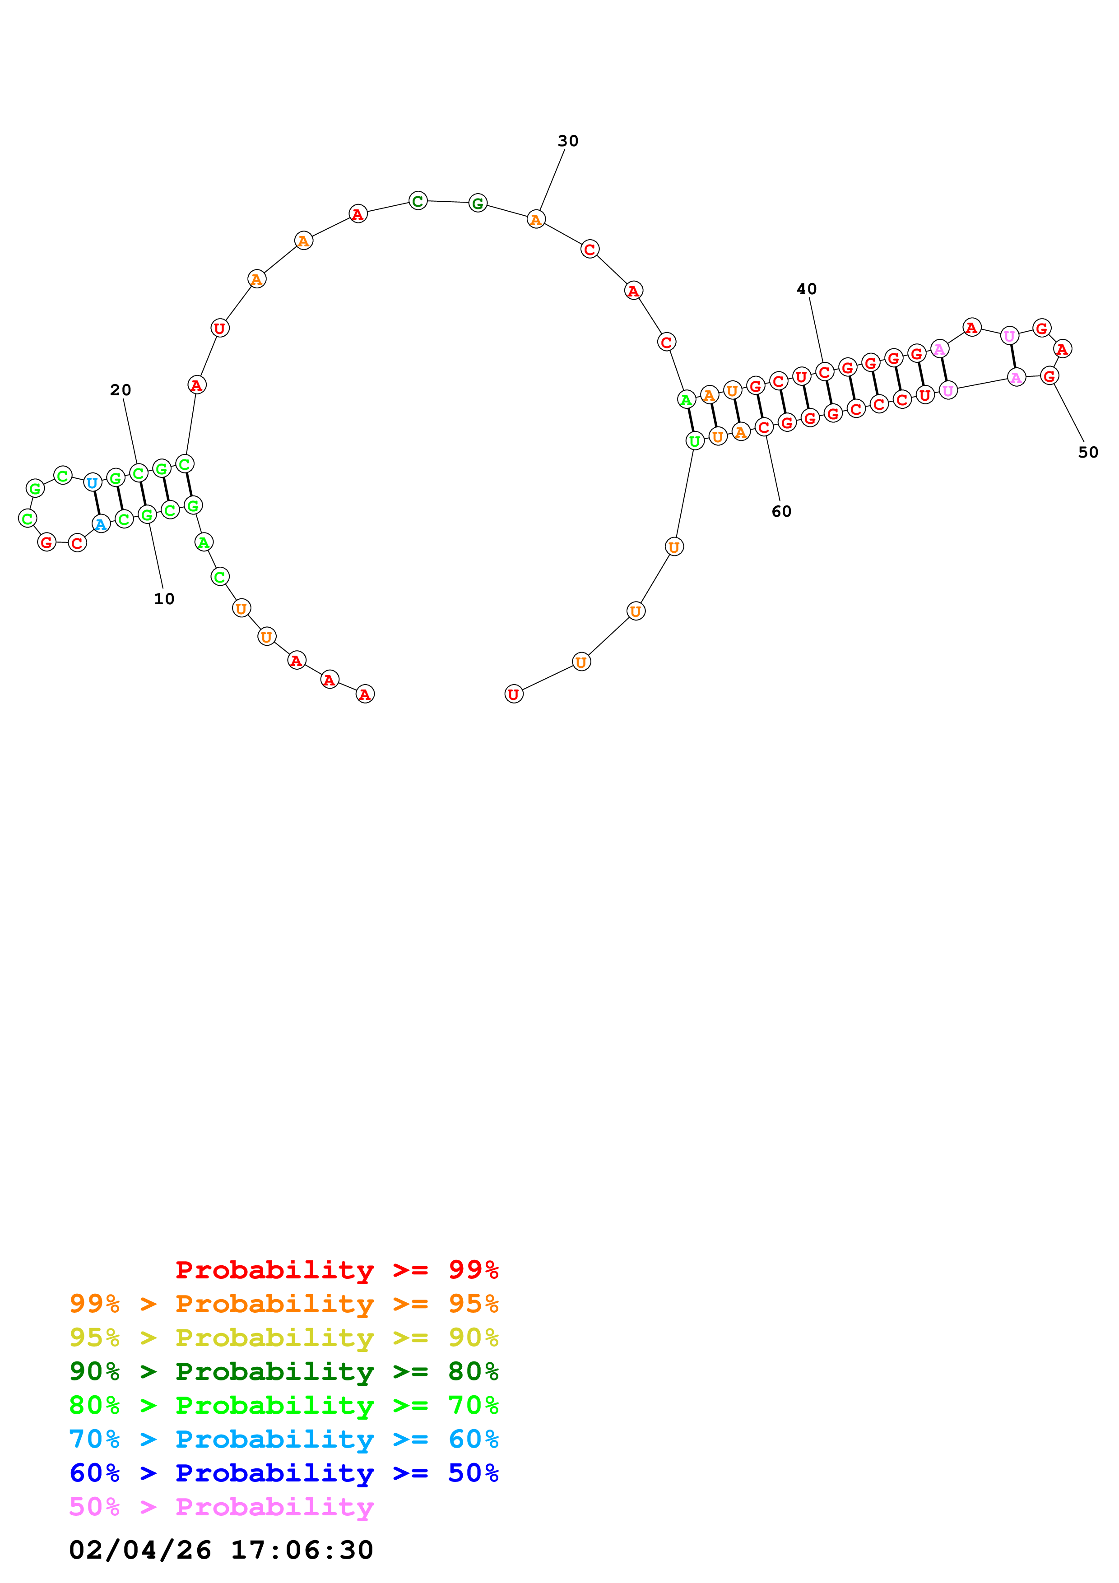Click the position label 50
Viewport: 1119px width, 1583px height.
1087,452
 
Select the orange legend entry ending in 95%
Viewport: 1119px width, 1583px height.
284,1303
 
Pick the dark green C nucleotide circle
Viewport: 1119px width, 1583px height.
418,201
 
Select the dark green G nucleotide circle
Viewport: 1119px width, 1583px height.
478,204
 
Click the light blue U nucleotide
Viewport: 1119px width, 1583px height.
93,483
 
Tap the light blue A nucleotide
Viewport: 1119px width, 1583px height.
101,525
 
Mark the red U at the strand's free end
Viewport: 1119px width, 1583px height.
514,694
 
